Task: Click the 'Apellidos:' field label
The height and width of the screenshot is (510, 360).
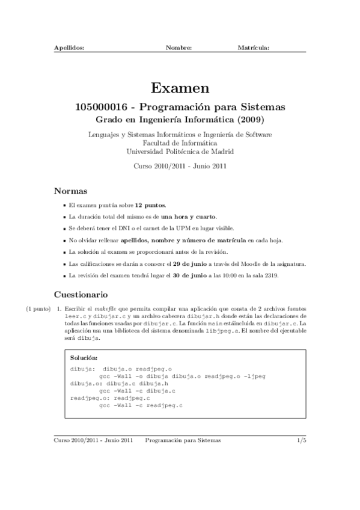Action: (69, 47)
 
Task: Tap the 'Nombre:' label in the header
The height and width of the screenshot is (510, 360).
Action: (178, 47)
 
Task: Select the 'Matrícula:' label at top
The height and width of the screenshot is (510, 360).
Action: (253, 47)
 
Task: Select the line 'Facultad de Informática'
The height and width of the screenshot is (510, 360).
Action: (180, 143)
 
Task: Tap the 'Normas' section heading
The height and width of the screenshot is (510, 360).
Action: (72, 191)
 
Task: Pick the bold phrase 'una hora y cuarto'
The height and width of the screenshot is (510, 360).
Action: (192, 216)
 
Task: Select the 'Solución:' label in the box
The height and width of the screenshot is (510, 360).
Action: (84, 358)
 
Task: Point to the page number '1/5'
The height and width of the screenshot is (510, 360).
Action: (302, 440)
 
